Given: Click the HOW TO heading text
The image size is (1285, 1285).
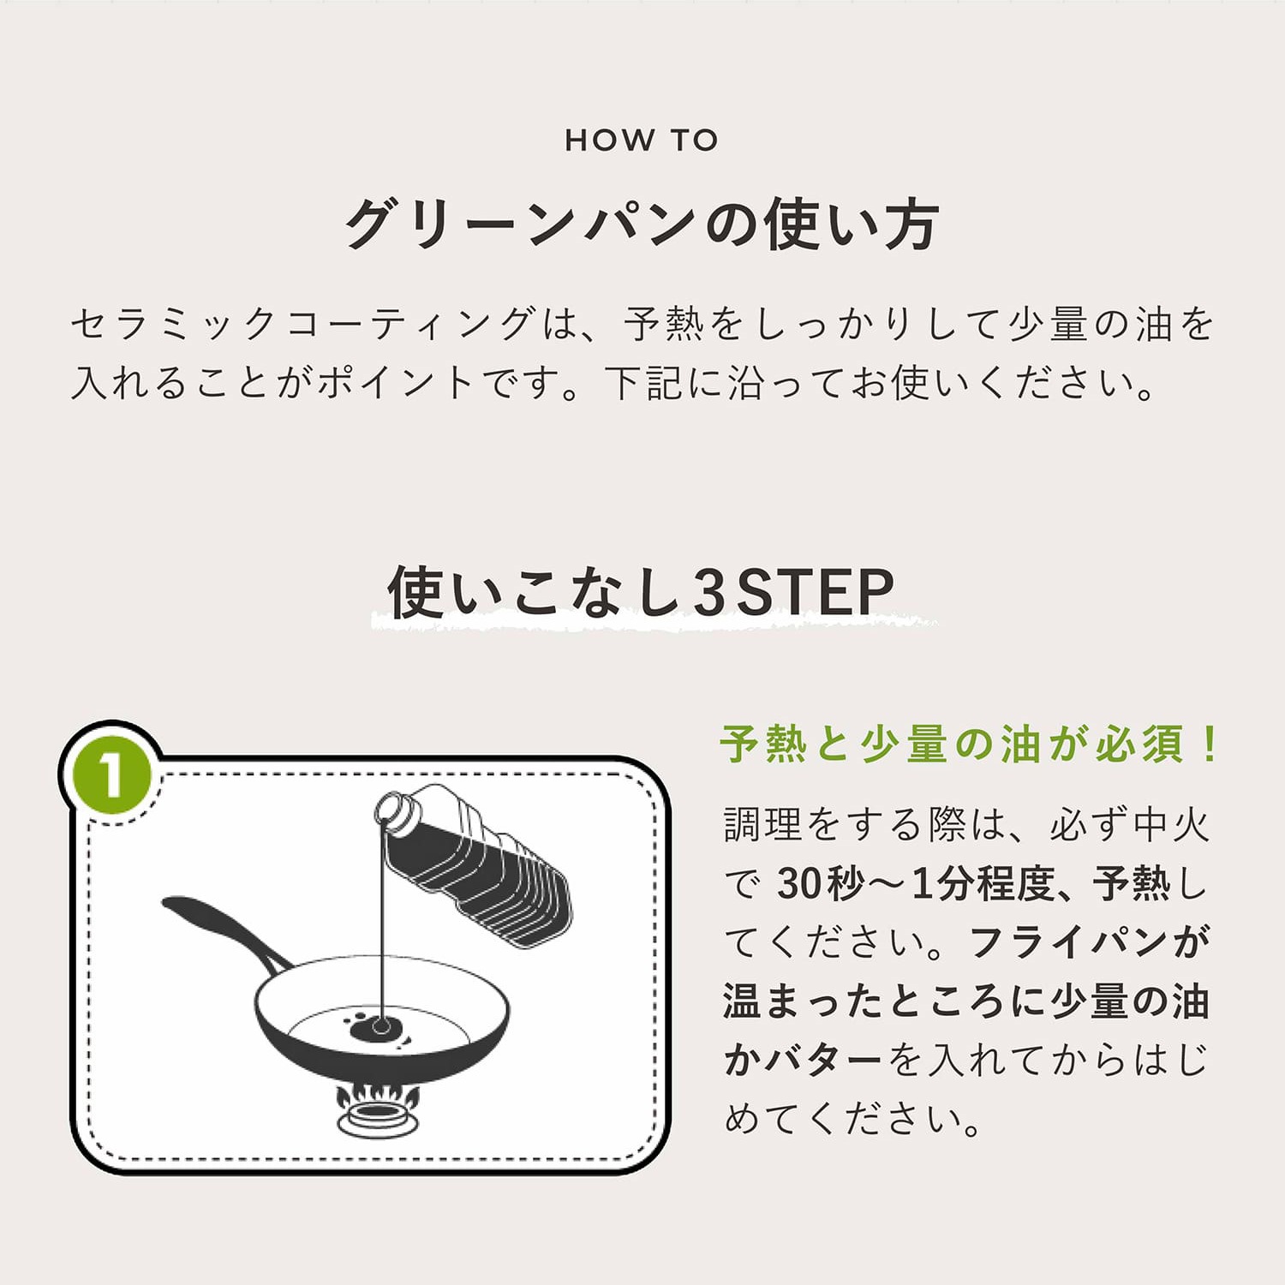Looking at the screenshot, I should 642,140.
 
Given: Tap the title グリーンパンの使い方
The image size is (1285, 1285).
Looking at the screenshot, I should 642,224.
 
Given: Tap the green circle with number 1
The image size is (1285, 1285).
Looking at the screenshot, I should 111,775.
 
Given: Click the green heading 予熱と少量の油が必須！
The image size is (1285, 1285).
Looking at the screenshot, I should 968,744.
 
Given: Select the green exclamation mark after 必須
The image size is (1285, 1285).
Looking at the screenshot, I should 1210,744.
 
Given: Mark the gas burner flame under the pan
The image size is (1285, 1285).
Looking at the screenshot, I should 377,1095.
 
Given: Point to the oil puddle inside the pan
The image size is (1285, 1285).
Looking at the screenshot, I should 377,1027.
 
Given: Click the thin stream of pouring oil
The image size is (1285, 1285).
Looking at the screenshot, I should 382,925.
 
